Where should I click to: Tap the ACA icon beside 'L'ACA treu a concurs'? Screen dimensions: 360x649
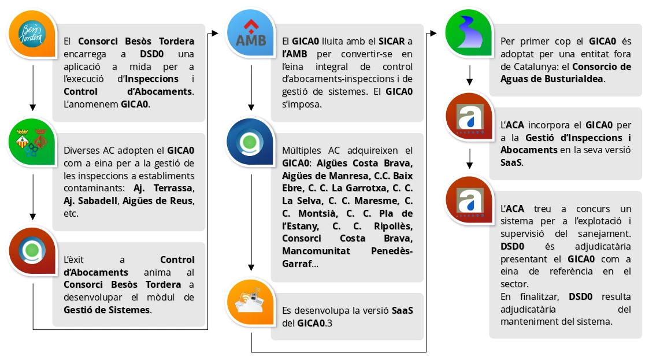(469, 200)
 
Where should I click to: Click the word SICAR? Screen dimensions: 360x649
(391, 42)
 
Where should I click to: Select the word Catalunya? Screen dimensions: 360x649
(525, 66)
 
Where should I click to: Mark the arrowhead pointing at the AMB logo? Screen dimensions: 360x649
(215, 34)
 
